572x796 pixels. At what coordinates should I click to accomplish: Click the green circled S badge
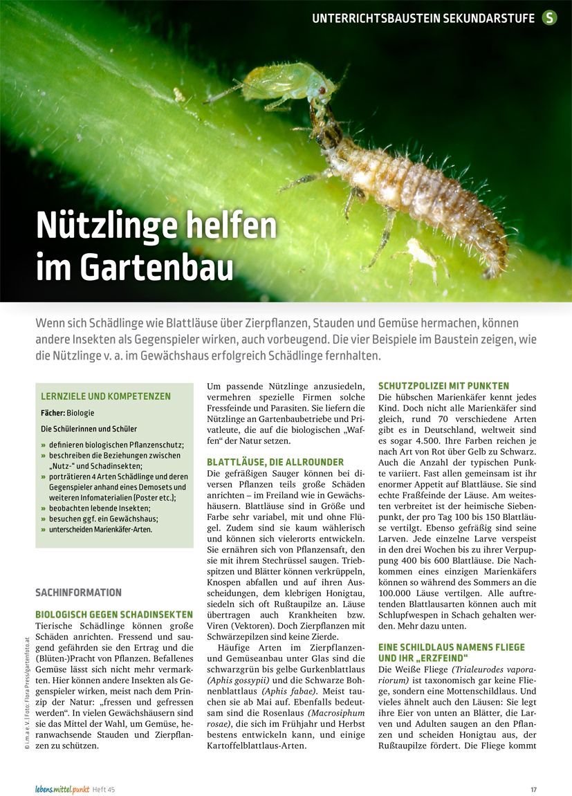pos(549,18)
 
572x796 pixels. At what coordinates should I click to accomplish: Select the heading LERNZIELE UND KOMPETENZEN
pos(106,396)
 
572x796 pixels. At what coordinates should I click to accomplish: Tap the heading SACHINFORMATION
pos(77,593)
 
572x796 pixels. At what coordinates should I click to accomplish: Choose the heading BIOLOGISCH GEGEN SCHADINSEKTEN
pos(114,614)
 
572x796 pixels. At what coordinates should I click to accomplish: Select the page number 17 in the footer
pos(534,789)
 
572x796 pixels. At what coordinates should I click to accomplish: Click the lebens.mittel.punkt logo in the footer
pos(63,789)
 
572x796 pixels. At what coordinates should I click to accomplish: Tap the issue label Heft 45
pos(104,789)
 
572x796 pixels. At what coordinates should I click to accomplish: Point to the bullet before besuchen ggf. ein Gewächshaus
pos(44,519)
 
